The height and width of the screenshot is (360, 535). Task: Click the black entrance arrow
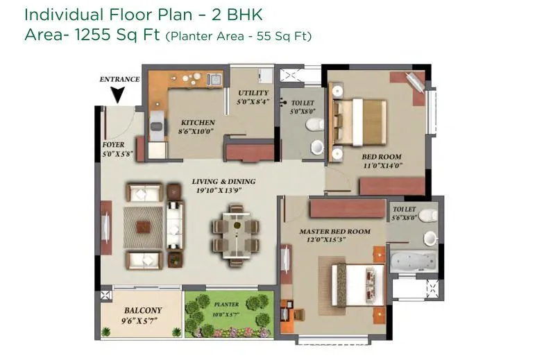119,94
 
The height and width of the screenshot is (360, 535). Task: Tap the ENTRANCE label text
119,79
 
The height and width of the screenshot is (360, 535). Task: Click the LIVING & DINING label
223,182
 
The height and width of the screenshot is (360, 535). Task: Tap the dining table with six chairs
236,234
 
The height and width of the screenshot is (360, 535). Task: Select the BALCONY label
143,310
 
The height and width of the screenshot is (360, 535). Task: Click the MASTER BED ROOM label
334,231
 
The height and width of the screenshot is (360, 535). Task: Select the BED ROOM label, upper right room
381,157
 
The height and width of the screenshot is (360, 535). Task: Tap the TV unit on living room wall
105,226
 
